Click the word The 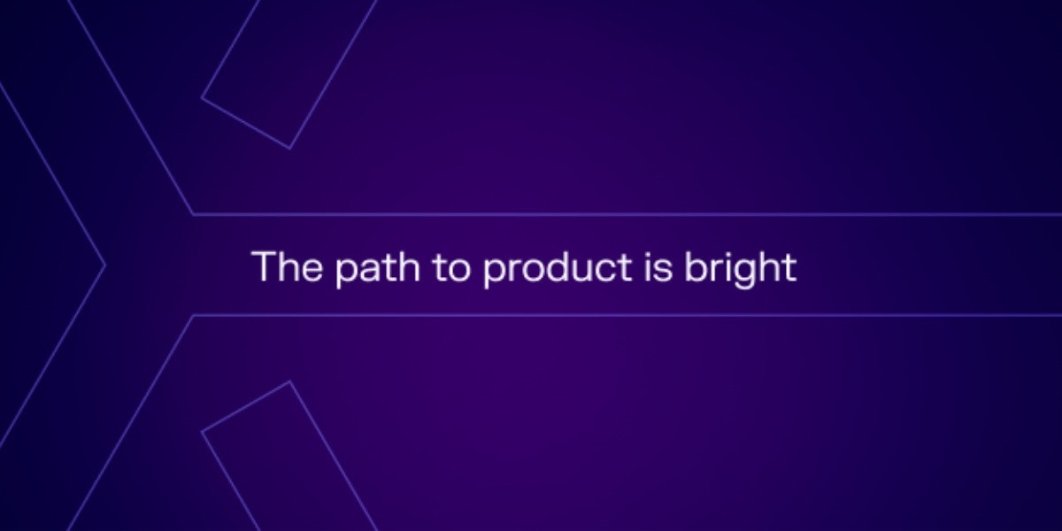pyautogui.click(x=288, y=266)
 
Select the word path pyautogui.click(x=377, y=269)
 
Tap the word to pyautogui.click(x=451, y=268)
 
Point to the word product pyautogui.click(x=557, y=269)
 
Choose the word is pyautogui.click(x=658, y=267)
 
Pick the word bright pyautogui.click(x=740, y=269)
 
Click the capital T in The pyautogui.click(x=265, y=266)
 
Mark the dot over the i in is pyautogui.click(x=647, y=253)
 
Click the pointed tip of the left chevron pyautogui.click(x=104, y=266)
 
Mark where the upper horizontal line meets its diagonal pyautogui.click(x=193, y=215)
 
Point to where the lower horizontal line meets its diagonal pyautogui.click(x=193, y=315)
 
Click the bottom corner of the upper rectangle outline pyautogui.click(x=289, y=149)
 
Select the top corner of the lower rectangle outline pyautogui.click(x=289, y=381)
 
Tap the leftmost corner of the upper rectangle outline pyautogui.click(x=202, y=98)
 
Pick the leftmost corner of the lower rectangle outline pyautogui.click(x=202, y=432)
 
